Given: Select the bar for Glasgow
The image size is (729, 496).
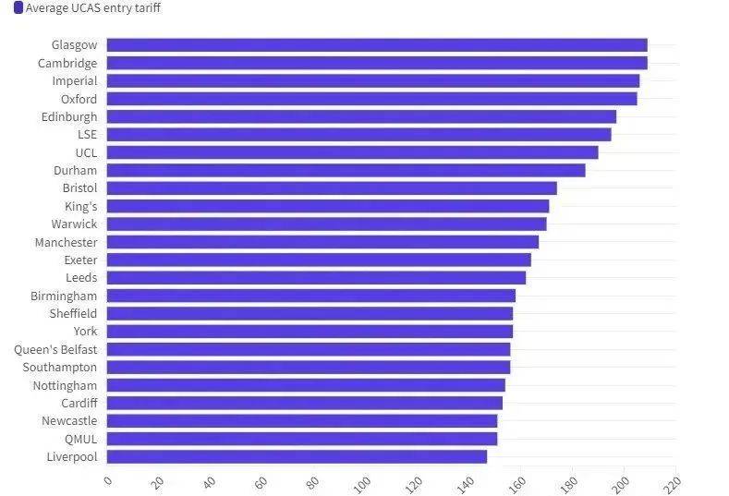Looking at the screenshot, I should pos(377,45).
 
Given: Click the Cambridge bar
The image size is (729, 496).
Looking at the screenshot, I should pos(377,63).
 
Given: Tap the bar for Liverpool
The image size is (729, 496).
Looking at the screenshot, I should pos(297,456).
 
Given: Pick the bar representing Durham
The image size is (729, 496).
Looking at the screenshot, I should pos(346,170).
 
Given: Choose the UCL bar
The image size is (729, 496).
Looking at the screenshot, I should pos(352,152).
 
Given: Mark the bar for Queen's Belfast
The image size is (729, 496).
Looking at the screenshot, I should pos(309,349).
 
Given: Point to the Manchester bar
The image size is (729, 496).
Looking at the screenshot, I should pos(322,242).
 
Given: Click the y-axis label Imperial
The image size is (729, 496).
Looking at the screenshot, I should pos(74,81).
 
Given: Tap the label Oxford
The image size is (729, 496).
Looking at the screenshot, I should pos(79,99).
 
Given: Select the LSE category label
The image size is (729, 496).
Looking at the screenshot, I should pos(87,135).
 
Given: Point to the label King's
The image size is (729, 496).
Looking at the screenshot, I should pos(80,206).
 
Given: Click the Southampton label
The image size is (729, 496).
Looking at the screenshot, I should pos(60,367).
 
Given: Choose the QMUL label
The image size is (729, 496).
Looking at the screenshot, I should pos(80,439).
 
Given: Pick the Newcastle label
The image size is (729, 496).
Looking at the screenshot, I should pos(69,421).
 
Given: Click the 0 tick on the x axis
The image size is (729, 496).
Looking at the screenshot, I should pos(108,481).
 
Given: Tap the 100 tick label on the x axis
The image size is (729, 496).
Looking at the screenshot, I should pos(363,483).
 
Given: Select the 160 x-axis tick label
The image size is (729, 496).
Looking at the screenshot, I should pos(517,483).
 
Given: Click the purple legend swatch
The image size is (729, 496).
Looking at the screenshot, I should pos(18,8).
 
